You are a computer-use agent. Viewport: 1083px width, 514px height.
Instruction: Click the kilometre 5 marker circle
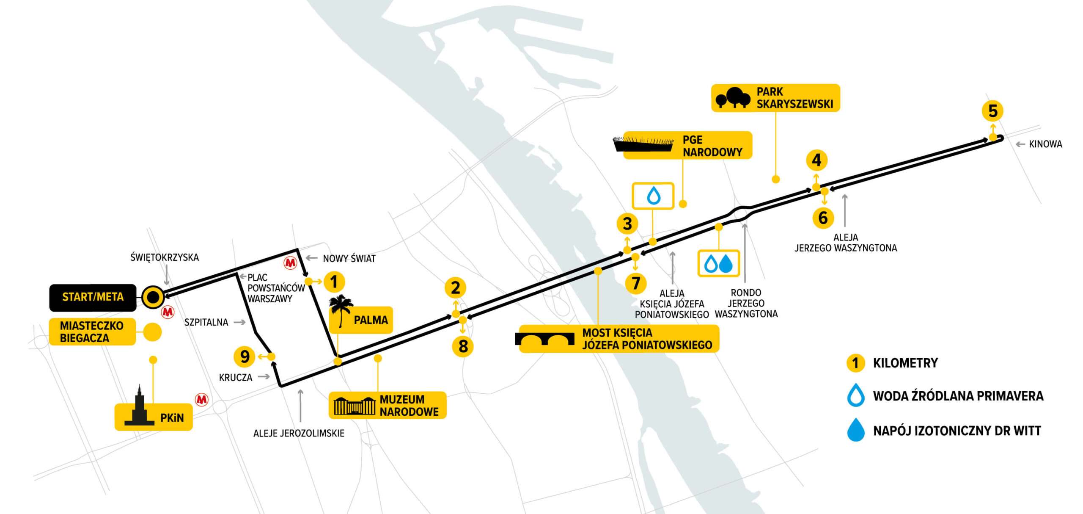pyautogui.click(x=992, y=111)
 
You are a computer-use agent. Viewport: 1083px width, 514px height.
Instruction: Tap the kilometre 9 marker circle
pyautogui.click(x=245, y=356)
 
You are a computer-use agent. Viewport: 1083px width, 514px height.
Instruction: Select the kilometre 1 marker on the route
pyautogui.click(x=334, y=282)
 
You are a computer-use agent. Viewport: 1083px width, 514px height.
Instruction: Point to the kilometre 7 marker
pyautogui.click(x=635, y=283)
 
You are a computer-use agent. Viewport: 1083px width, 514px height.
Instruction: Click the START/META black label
pyautogui.click(x=93, y=297)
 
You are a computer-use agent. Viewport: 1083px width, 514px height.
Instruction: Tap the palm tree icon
pyautogui.click(x=341, y=310)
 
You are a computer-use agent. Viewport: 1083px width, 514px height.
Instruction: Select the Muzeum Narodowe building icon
pyautogui.click(x=355, y=406)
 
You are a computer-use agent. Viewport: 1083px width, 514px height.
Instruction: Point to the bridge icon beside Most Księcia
pyautogui.click(x=545, y=339)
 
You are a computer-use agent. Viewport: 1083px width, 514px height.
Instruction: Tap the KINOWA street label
pyautogui.click(x=1045, y=144)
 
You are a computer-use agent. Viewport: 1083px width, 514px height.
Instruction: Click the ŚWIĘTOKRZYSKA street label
pyautogui.click(x=165, y=257)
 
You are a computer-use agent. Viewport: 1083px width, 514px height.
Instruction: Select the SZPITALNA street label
pyautogui.click(x=206, y=322)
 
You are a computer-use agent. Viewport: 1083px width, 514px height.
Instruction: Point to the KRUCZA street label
pyautogui.click(x=236, y=377)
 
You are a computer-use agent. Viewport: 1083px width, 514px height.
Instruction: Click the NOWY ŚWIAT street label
pyautogui.click(x=349, y=258)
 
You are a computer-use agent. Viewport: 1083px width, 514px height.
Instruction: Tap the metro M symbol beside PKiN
pyautogui.click(x=201, y=399)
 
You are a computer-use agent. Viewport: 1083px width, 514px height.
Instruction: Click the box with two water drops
pyautogui.click(x=718, y=263)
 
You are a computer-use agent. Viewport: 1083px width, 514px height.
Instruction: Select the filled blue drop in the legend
pyautogui.click(x=855, y=430)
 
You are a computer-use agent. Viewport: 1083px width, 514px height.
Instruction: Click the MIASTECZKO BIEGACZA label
pyautogui.click(x=92, y=332)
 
